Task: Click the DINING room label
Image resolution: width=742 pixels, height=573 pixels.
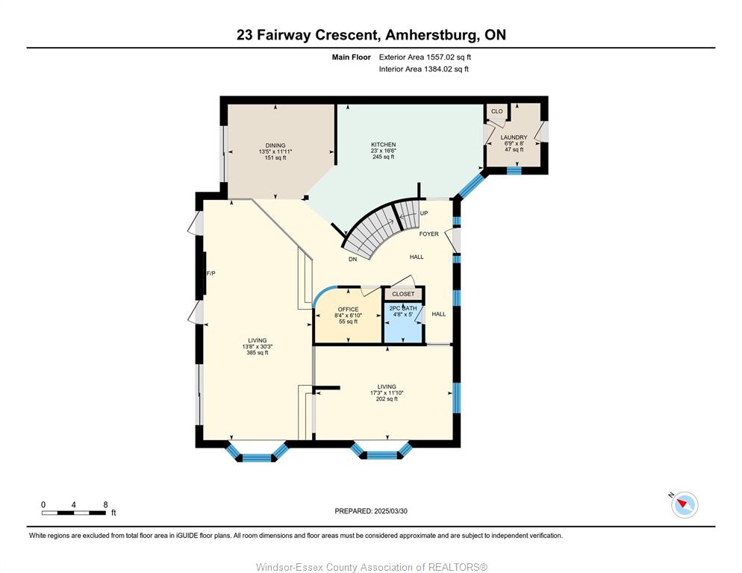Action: pyautogui.click(x=275, y=145)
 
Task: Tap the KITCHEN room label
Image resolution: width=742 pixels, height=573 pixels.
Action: pyautogui.click(x=383, y=144)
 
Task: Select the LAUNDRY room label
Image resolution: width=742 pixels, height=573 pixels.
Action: pyautogui.click(x=514, y=137)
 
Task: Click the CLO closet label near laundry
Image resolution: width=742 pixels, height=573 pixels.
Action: pyautogui.click(x=497, y=111)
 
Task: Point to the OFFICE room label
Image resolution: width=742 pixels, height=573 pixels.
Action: pyautogui.click(x=349, y=310)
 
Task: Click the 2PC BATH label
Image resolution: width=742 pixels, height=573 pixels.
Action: pyautogui.click(x=403, y=308)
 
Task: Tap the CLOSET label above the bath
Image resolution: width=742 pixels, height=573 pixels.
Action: pyautogui.click(x=403, y=294)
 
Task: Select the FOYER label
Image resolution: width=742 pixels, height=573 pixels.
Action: pyautogui.click(x=428, y=234)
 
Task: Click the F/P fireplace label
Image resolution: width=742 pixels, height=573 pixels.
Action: pyautogui.click(x=211, y=274)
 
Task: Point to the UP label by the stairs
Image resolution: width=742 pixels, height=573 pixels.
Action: pyautogui.click(x=424, y=213)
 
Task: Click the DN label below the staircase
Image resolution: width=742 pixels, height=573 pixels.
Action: pyautogui.click(x=352, y=260)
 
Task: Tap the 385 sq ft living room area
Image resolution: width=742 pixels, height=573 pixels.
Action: pyautogui.click(x=258, y=352)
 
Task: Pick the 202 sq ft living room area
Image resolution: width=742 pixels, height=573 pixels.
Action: pyautogui.click(x=387, y=399)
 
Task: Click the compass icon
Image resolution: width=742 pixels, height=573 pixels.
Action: pyautogui.click(x=685, y=505)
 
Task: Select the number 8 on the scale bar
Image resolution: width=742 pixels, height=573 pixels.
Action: pyautogui.click(x=105, y=504)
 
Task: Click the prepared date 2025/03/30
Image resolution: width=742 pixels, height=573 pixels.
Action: pyautogui.click(x=391, y=511)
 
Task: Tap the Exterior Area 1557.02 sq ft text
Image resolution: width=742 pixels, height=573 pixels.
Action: pyautogui.click(x=425, y=57)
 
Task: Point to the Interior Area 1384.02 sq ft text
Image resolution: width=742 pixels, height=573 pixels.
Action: pyautogui.click(x=424, y=69)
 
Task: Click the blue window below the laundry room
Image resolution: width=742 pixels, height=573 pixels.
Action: pyautogui.click(x=514, y=170)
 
